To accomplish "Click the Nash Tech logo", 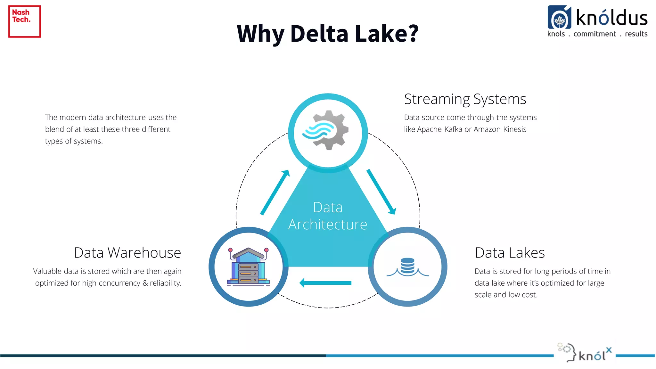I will pyautogui.click(x=24, y=21).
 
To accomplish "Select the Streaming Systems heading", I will pyautogui.click(x=465, y=99).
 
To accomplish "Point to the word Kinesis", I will pyautogui.click(x=514, y=129).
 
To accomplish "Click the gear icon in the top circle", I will pyautogui.click(x=330, y=130).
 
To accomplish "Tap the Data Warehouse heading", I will pyautogui.click(x=127, y=253).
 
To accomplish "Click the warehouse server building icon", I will pyautogui.click(x=248, y=266).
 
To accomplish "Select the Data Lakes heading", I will pyautogui.click(x=510, y=253).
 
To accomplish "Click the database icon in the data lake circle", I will pyautogui.click(x=407, y=266).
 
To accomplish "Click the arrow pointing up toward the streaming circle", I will pyautogui.click(x=275, y=192).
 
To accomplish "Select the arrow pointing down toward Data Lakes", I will pyautogui.click(x=381, y=192).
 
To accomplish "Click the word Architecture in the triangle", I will pyautogui.click(x=327, y=225).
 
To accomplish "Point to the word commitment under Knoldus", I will pyautogui.click(x=594, y=34).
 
